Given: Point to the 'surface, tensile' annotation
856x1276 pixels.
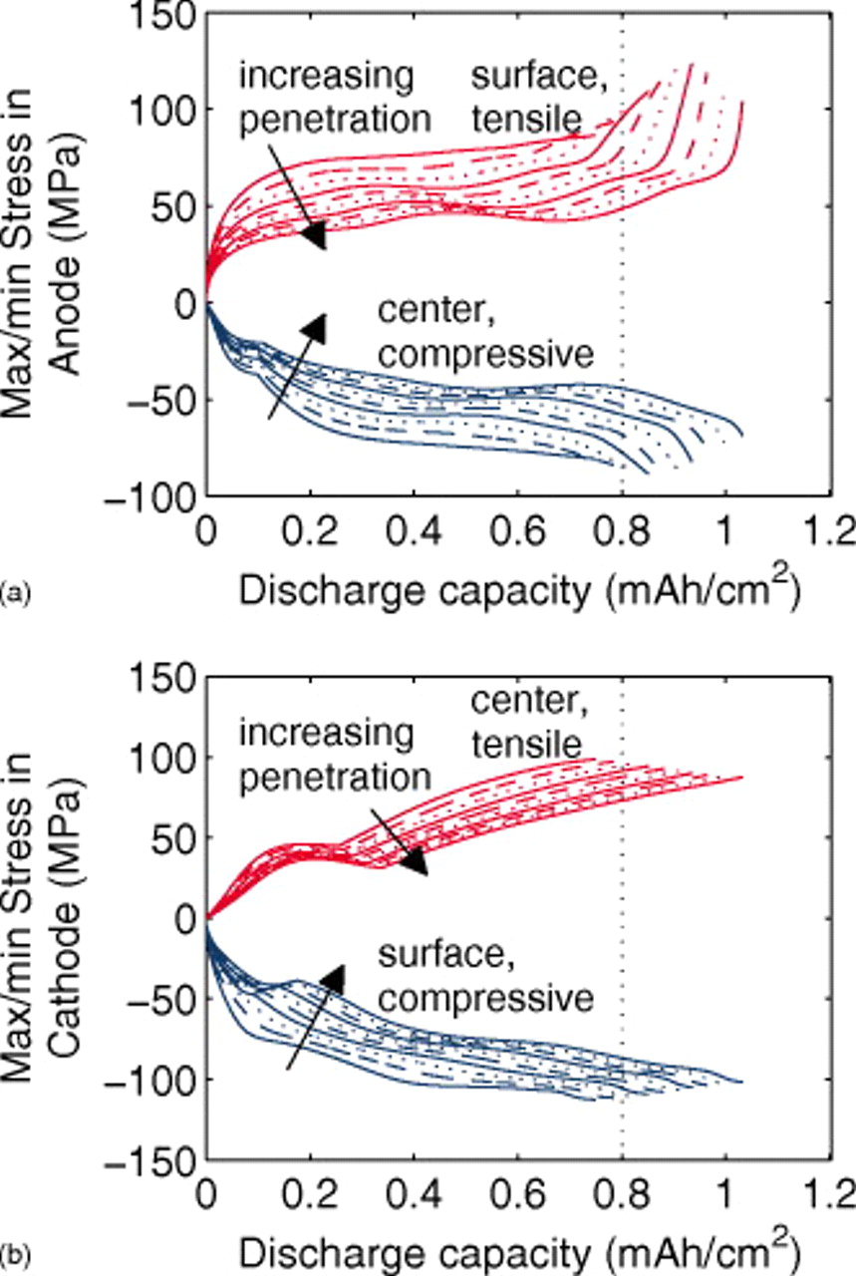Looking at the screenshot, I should pos(525,99).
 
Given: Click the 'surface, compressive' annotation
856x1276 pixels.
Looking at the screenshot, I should pos(485,978).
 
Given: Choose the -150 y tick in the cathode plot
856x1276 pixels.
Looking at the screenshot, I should pos(159,1162).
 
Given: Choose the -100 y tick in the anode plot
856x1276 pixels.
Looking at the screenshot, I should pos(159,495).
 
